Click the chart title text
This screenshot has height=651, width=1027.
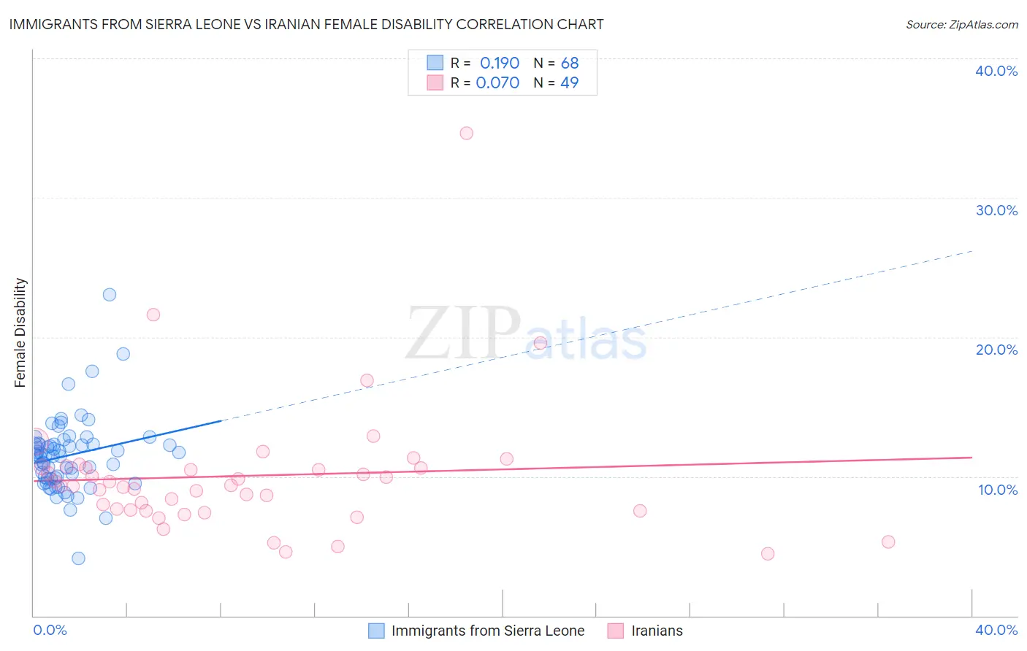306,24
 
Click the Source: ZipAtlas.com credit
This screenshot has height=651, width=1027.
961,24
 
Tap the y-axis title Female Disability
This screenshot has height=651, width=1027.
20,333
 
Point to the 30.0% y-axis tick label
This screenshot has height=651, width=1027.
996,210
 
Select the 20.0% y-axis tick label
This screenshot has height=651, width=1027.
996,350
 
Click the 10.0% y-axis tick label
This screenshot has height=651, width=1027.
998,490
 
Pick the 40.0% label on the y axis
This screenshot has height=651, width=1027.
996,71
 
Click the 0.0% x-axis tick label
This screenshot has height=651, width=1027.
50,630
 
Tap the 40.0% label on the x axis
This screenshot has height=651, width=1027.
996,630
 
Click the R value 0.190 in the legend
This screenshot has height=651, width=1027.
500,63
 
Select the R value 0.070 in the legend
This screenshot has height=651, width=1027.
497,83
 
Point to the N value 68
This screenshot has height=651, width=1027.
570,63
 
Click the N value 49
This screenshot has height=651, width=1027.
570,83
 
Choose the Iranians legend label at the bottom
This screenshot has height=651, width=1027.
657,631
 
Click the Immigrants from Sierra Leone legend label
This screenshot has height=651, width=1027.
487,631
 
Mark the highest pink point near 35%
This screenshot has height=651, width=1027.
466,133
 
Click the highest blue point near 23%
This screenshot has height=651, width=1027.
110,295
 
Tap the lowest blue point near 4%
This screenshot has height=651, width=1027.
78,558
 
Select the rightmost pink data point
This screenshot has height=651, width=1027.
888,542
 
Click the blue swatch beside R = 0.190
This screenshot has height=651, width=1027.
435,63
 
